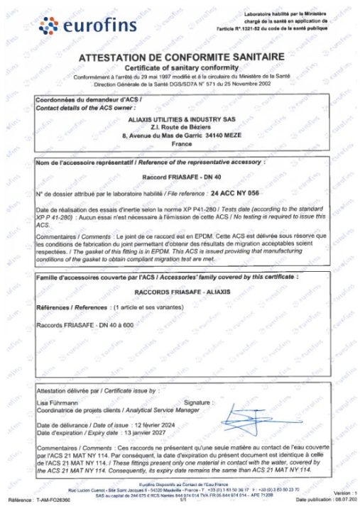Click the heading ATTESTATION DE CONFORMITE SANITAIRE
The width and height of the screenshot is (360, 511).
pyautogui.click(x=182, y=56)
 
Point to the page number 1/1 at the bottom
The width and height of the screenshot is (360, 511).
pyautogui.click(x=182, y=499)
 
